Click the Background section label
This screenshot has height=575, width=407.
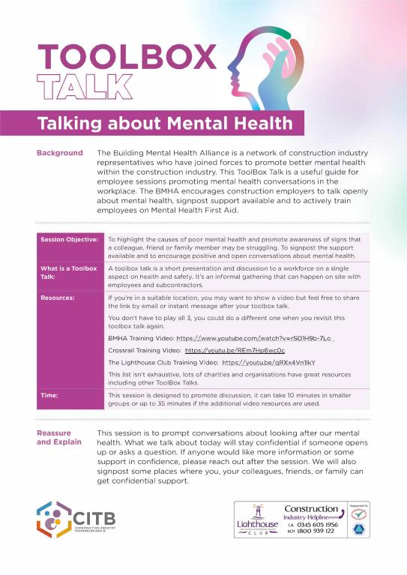[x=60, y=153]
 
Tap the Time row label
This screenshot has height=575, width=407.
[x=50, y=394]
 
